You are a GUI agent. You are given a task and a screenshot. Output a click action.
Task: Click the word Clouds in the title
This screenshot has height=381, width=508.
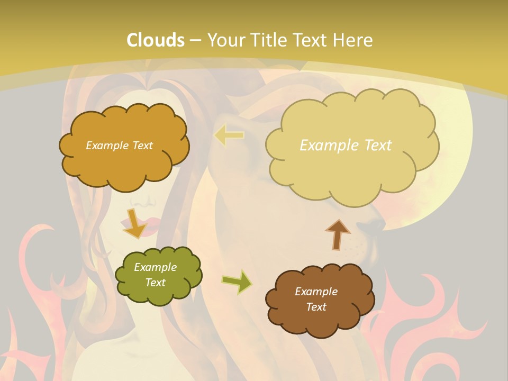[156, 40]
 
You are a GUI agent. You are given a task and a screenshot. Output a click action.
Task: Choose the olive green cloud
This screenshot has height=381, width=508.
[158, 275]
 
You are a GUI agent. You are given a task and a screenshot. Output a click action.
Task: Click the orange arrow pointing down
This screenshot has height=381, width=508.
[134, 223]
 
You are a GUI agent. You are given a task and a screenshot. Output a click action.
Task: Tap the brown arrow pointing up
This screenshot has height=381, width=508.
[338, 234]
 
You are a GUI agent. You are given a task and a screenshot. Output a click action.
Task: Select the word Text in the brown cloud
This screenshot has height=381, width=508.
[316, 307]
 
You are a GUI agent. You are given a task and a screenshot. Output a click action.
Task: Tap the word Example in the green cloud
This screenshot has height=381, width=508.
[155, 267]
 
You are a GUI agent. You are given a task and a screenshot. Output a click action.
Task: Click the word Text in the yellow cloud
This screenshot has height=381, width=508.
[372, 146]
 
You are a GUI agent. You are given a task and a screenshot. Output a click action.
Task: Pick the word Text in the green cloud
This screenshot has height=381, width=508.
[155, 283]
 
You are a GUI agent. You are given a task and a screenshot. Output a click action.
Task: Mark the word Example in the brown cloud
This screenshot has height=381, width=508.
[316, 292]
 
